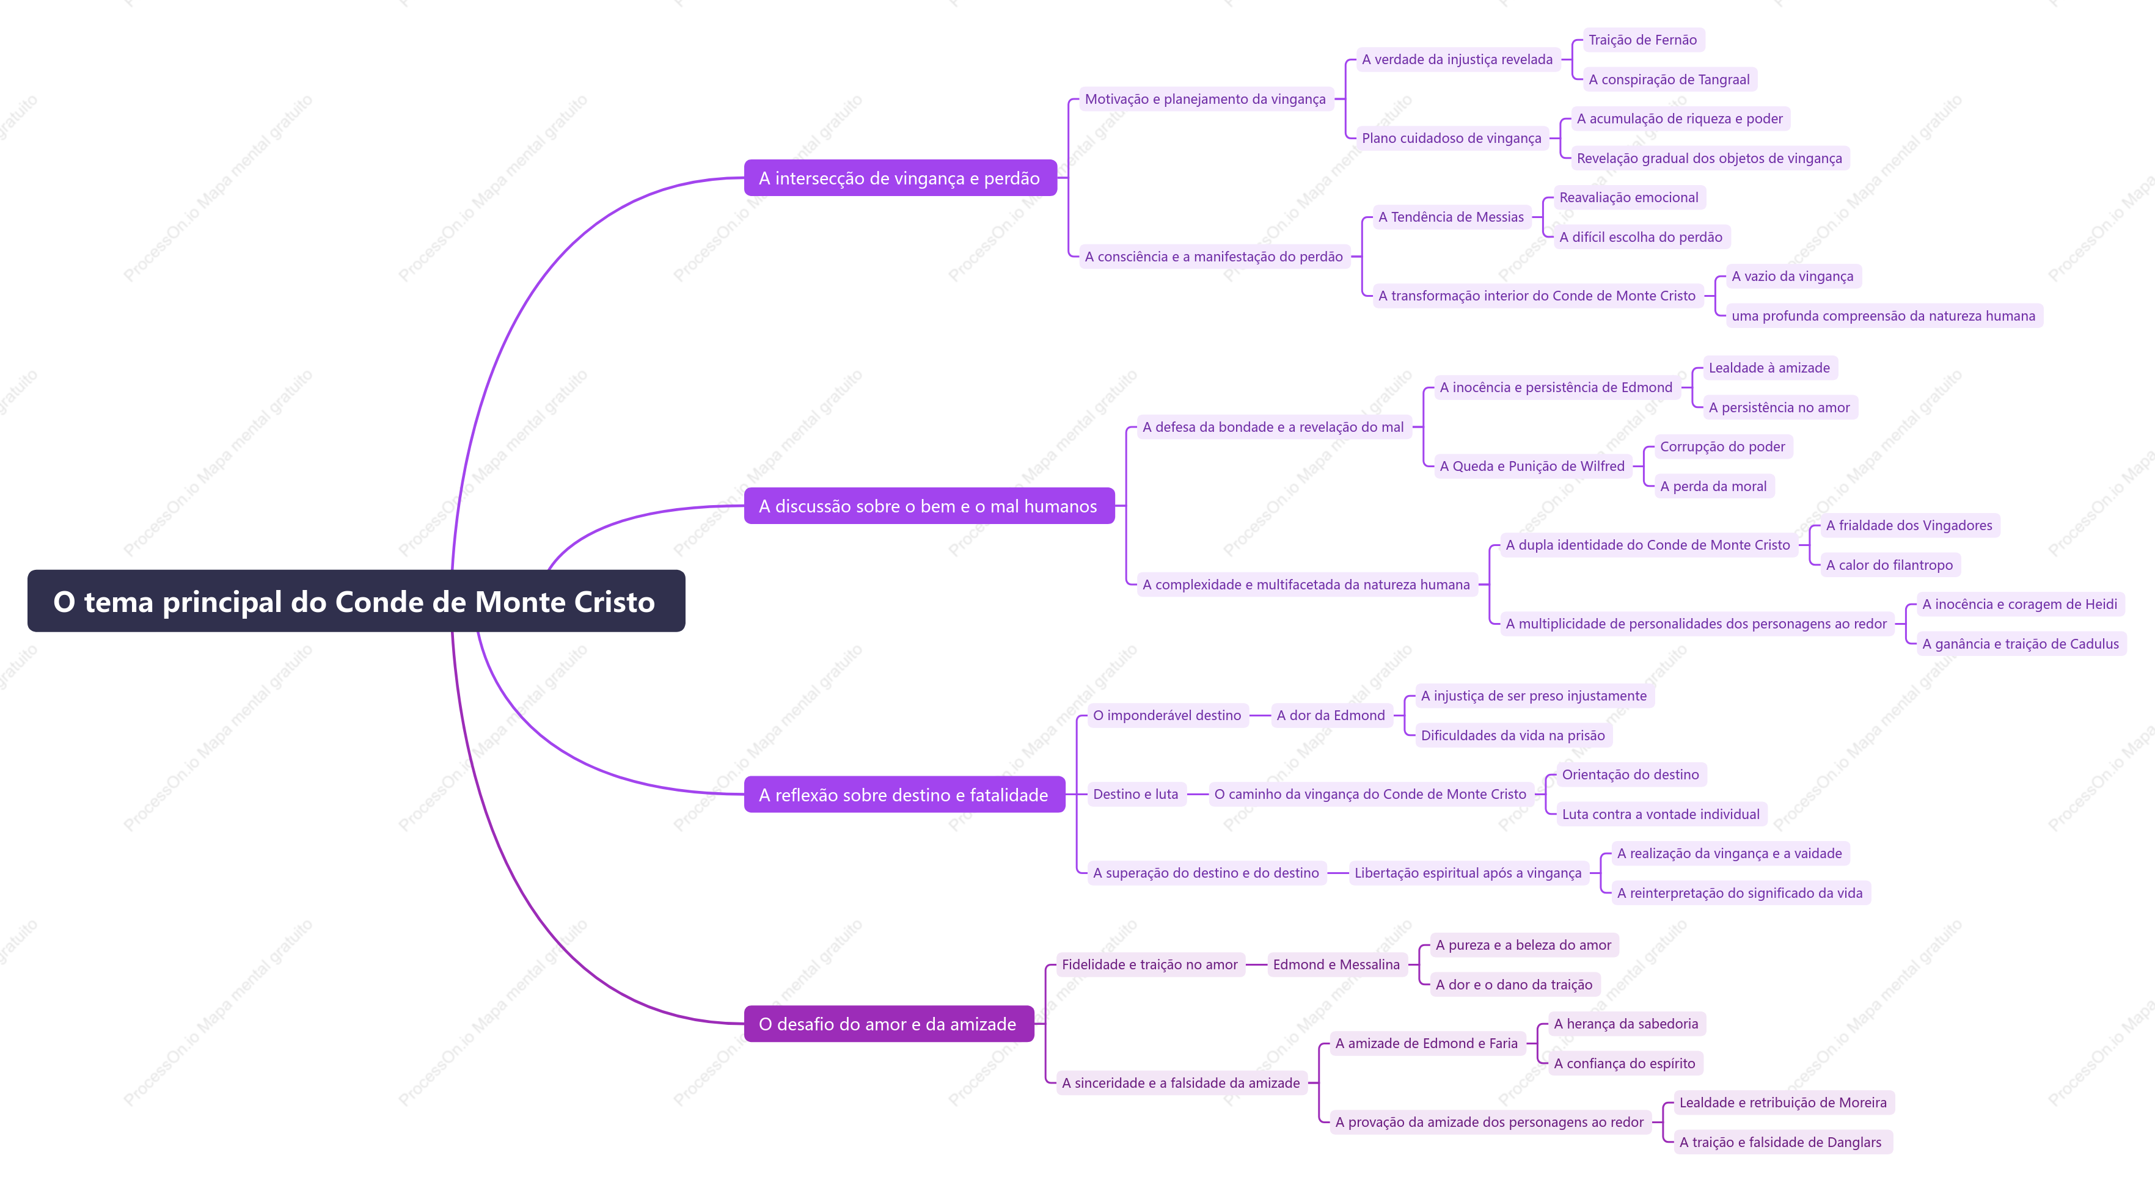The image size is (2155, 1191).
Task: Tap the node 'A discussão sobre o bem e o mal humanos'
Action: point(929,505)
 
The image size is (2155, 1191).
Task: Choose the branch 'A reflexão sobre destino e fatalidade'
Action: point(904,794)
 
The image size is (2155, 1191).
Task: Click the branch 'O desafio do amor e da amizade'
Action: point(888,1023)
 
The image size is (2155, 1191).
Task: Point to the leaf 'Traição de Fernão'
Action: point(1642,39)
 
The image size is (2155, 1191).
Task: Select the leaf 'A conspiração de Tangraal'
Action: point(1669,79)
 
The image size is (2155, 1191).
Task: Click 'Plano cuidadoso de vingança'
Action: point(1452,138)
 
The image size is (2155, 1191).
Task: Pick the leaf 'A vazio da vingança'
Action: point(1793,276)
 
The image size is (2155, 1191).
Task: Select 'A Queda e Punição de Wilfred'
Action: point(1532,466)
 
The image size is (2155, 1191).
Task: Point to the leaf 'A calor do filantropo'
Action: point(1889,564)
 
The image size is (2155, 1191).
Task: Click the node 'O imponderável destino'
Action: point(1167,715)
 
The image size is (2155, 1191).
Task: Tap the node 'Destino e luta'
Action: point(1135,794)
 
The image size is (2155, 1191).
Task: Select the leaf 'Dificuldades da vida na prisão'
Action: point(1512,735)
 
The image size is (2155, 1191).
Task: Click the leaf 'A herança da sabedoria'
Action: point(1625,1023)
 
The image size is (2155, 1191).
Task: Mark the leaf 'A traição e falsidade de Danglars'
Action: point(1780,1142)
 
